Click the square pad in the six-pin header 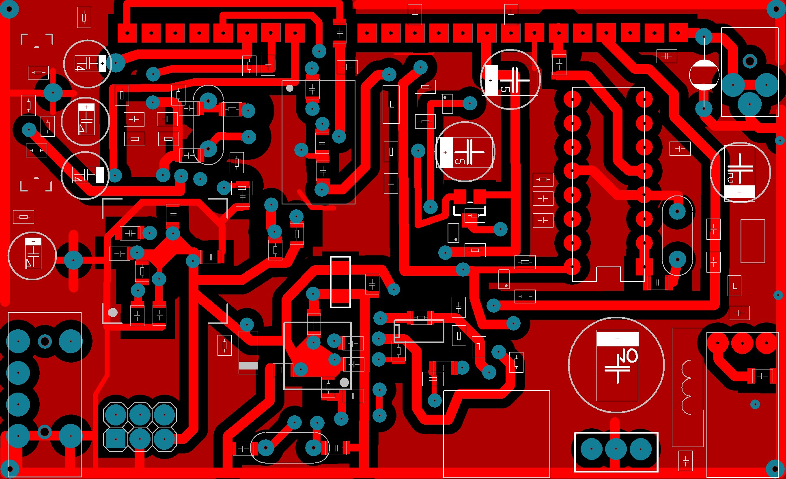tap(116, 439)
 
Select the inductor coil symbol tap(687, 387)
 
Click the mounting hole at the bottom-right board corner tap(775, 469)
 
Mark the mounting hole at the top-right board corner tap(776, 9)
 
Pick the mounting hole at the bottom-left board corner tap(10, 469)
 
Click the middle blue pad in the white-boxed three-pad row tap(616, 449)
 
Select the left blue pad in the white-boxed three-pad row tap(592, 449)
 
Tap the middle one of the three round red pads tap(742, 343)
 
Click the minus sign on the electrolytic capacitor tap(33, 241)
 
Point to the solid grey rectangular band tap(248, 366)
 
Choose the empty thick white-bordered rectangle tap(340, 282)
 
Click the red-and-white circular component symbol tap(704, 75)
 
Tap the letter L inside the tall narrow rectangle tap(392, 105)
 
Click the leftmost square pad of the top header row tap(127, 33)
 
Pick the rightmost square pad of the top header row tap(678, 32)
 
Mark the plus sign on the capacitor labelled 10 tap(617, 339)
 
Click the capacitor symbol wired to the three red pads tap(762, 376)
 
